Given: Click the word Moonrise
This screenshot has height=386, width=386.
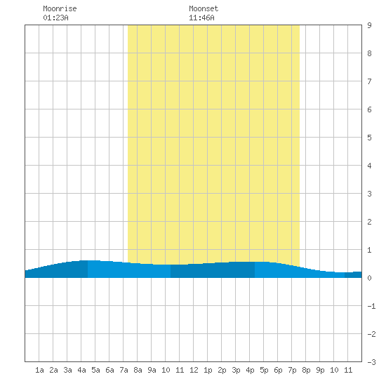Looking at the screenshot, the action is (x=60, y=8).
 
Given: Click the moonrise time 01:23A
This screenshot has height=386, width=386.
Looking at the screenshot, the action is (x=55, y=18).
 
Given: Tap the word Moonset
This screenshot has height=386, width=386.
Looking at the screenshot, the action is (x=204, y=8).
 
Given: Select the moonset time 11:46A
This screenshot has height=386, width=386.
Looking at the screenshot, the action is (x=201, y=18).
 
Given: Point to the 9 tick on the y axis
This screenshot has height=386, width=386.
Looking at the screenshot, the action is (x=369, y=25).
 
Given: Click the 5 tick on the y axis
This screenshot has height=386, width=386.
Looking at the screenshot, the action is (x=369, y=138).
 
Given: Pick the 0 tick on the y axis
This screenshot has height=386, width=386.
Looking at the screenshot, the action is (x=369, y=278).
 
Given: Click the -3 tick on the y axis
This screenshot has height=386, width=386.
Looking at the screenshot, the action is (x=371, y=362).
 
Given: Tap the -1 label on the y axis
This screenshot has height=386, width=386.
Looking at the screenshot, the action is (x=371, y=306).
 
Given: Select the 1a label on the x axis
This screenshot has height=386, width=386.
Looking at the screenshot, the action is (x=39, y=370).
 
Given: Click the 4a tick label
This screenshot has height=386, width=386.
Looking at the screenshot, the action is (x=81, y=370).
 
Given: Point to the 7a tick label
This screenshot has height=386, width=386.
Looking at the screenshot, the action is (x=124, y=370).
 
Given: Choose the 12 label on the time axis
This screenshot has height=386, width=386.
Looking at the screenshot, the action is (x=194, y=370).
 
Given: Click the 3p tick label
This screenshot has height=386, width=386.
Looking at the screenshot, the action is (x=236, y=370).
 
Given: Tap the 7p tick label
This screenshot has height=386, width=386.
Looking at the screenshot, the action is (x=292, y=370).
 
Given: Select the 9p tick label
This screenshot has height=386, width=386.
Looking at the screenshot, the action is (x=320, y=370).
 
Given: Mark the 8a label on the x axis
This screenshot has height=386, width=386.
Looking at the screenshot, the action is (x=138, y=370).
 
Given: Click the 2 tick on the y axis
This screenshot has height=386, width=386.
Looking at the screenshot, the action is (x=369, y=222).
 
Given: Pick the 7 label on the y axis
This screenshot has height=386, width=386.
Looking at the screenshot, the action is (x=369, y=81).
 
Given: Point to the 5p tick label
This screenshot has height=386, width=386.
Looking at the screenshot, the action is (x=264, y=370).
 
